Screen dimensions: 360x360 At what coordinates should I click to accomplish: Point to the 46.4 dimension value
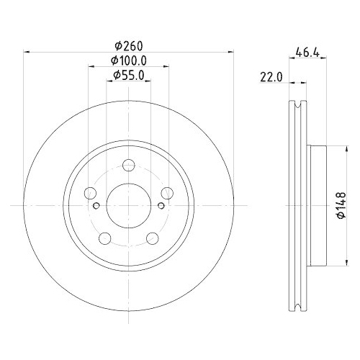[308, 50]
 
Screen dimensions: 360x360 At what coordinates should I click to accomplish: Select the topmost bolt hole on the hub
[128, 164]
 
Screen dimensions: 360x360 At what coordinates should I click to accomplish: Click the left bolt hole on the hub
[90, 193]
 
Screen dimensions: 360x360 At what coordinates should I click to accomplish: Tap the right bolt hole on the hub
[167, 192]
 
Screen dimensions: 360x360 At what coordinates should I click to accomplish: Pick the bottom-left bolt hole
[104, 238]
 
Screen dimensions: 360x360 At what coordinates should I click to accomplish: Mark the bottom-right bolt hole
[153, 238]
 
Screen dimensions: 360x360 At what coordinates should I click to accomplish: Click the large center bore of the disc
[128, 205]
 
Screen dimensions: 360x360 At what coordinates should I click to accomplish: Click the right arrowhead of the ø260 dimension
[229, 52]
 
